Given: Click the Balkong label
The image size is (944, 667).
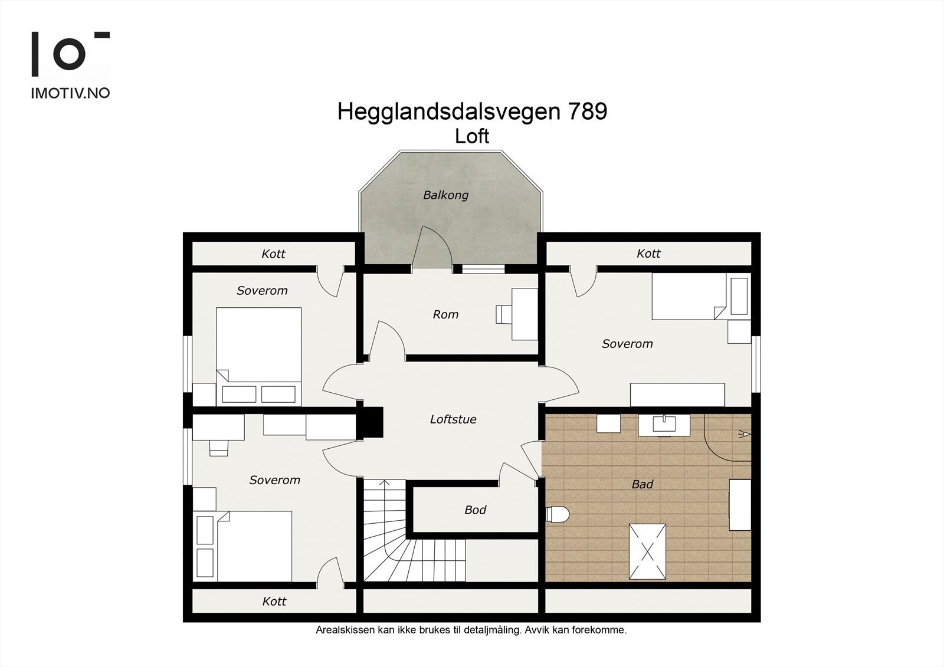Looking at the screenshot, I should tap(445, 195).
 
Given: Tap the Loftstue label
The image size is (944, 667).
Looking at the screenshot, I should tap(453, 419).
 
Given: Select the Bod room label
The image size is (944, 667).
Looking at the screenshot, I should tap(475, 510).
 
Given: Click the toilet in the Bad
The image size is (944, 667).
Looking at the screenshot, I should tap(557, 514).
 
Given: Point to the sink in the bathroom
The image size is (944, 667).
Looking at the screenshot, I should tap(665, 423).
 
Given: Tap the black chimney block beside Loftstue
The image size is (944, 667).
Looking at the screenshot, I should tap(372, 423).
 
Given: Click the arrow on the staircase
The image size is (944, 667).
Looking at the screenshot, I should tap(385, 485).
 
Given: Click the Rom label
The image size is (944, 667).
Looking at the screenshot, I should tap(445, 314).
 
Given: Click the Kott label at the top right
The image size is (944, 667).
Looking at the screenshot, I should tap(648, 254).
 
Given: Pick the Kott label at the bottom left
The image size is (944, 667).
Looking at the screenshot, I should tap(274, 602).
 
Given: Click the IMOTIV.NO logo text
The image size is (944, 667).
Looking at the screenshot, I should tap(70, 93).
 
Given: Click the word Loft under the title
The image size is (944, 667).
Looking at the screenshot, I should tap(471, 136).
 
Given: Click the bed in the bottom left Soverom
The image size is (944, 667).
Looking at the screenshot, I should tap(254, 546).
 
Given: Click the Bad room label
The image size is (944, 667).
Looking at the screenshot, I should tap(642, 484).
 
